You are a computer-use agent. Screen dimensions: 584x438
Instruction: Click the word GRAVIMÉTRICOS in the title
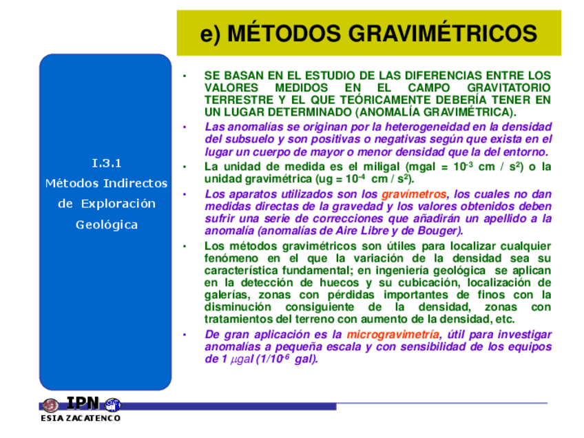(443, 33)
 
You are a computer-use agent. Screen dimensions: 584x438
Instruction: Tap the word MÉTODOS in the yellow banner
(284, 33)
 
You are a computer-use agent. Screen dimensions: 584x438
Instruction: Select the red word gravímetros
(414, 194)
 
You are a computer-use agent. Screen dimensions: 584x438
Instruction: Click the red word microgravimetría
(393, 335)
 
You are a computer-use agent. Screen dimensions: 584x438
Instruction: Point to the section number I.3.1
(107, 163)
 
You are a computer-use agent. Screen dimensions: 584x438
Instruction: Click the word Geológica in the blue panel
(107, 225)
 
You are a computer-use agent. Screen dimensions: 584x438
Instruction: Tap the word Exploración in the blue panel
(118, 204)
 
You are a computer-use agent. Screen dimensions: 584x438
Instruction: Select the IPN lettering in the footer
(83, 403)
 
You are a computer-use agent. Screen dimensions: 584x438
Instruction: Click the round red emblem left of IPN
(50, 405)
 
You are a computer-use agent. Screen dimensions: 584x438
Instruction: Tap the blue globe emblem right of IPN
(113, 405)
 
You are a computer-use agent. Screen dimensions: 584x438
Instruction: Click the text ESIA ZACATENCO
(81, 418)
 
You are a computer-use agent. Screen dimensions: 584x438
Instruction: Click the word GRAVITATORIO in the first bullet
(509, 88)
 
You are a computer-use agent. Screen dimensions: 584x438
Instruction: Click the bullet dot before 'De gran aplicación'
(185, 335)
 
